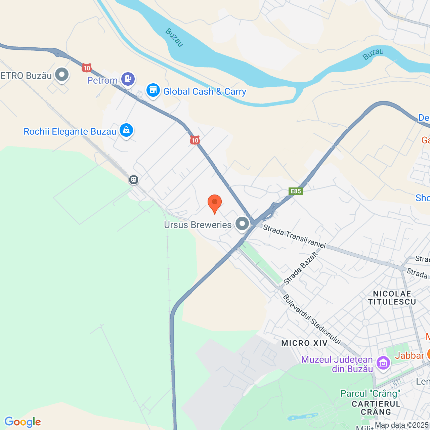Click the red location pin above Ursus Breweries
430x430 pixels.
214,203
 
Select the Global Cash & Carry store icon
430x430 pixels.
153,90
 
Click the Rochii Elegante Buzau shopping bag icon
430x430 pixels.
126,130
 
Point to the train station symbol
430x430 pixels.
134,180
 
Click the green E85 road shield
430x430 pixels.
296,191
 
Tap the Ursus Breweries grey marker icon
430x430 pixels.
242,223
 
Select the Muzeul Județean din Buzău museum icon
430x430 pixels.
383,363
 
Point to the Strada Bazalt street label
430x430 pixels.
301,268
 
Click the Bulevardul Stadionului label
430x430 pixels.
312,319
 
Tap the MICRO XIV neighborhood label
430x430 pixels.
304,343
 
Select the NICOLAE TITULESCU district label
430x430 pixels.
392,298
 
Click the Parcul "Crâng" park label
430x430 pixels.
370,393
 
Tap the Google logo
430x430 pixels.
23,422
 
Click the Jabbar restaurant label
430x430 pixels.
409,355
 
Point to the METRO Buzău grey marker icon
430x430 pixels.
62,75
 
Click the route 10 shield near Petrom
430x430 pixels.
87,68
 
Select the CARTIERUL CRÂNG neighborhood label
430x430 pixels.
376,408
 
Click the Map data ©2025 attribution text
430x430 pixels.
402,425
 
